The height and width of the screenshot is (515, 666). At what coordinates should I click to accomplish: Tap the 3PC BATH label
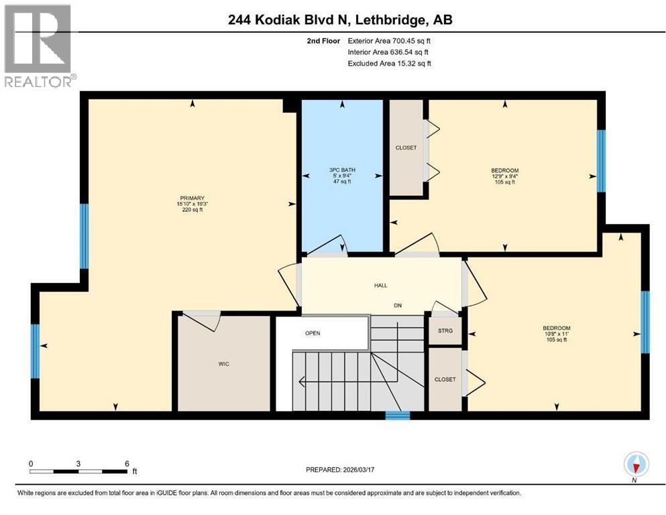coord(341,170)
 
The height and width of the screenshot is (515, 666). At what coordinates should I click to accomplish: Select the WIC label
coord(225,364)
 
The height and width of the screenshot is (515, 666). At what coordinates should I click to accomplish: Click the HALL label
coord(380,286)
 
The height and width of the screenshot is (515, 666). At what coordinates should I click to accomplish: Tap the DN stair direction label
coord(397,304)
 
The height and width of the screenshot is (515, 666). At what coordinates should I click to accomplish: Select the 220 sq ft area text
coord(190,210)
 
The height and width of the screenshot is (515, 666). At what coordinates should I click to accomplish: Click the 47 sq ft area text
coord(341,182)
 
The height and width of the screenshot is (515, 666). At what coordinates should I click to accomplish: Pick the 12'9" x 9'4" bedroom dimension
coord(504,176)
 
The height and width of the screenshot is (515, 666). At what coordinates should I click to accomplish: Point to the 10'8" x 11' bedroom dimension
coord(556,334)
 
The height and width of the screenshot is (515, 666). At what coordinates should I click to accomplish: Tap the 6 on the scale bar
coord(126,463)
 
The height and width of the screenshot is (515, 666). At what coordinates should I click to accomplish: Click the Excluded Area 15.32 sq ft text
coord(389,64)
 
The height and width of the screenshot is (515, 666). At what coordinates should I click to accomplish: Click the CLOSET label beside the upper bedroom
coord(406,148)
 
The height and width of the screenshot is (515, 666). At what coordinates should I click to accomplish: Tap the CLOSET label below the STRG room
coord(445,380)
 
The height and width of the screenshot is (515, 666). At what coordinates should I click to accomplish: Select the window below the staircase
coord(397,416)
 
